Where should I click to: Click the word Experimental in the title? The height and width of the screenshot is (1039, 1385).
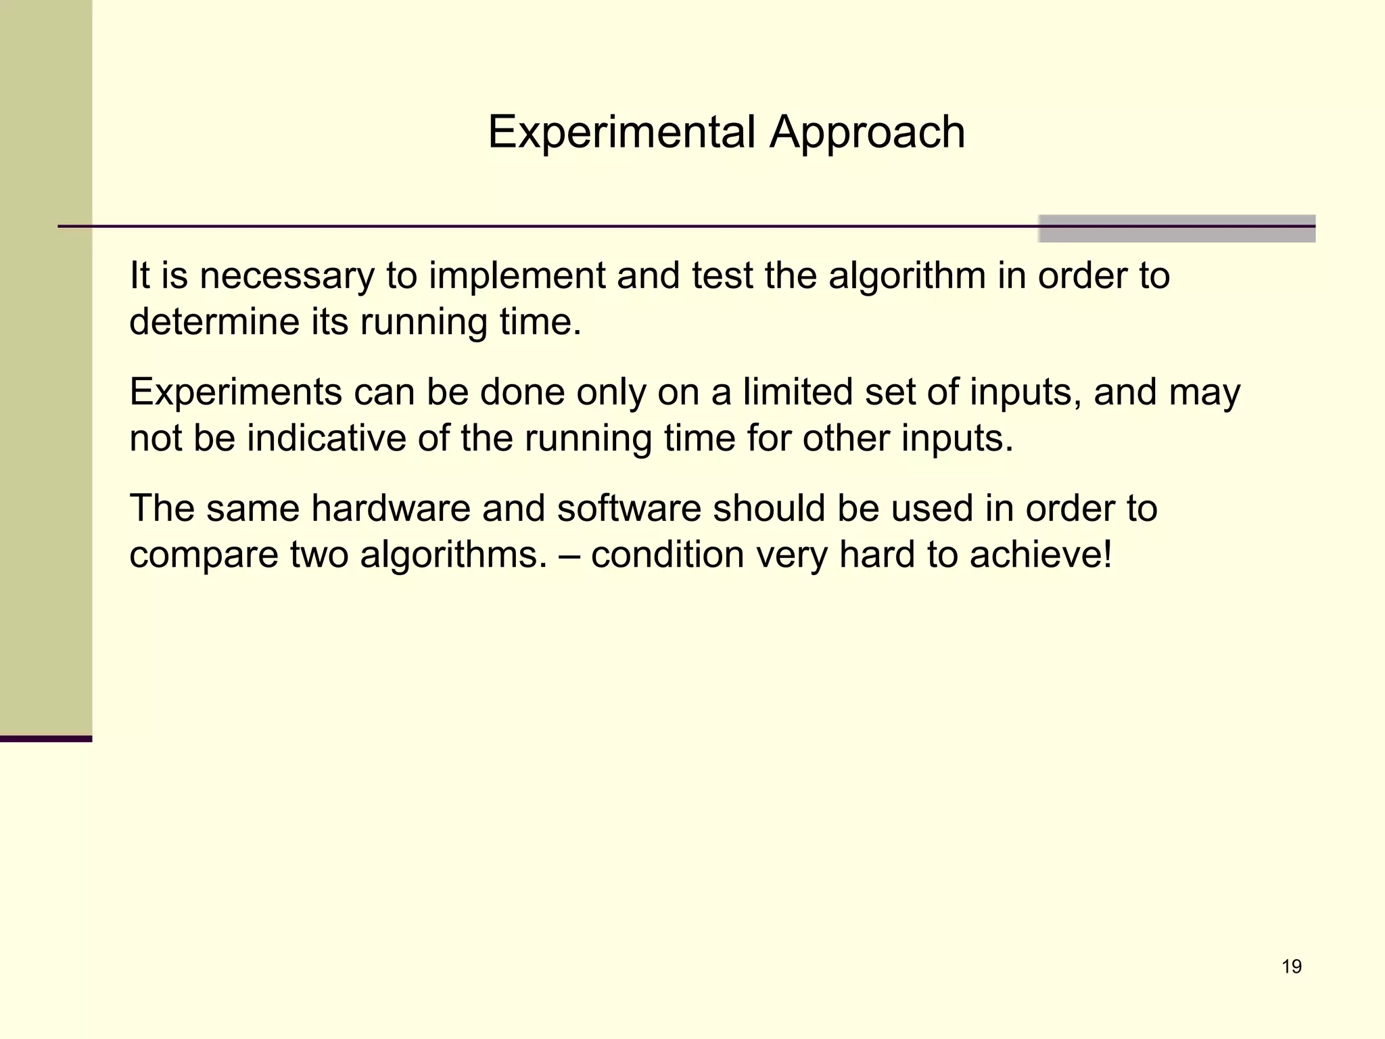pyautogui.click(x=621, y=132)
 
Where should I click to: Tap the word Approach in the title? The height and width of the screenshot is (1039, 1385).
pyautogui.click(x=867, y=133)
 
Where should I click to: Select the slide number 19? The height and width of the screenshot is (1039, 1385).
pyautogui.click(x=1291, y=967)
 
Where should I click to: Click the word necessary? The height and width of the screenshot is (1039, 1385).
pyautogui.click(x=286, y=276)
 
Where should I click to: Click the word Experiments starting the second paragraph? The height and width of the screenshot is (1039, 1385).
pyautogui.click(x=235, y=393)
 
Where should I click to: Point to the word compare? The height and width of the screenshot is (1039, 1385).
pyautogui.click(x=204, y=556)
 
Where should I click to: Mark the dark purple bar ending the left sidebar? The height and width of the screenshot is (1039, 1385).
pyautogui.click(x=46, y=739)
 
